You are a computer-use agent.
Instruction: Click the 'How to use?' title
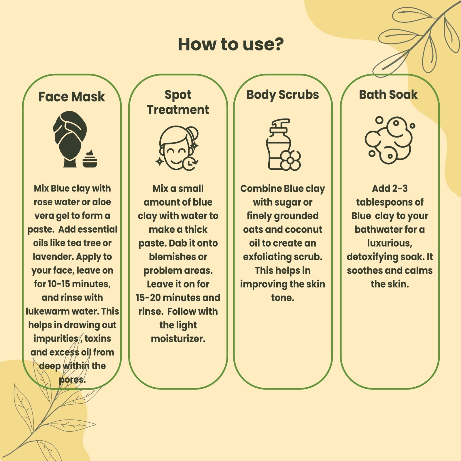pyautogui.click(x=231, y=44)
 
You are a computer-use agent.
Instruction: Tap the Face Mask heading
pyautogui.click(x=72, y=97)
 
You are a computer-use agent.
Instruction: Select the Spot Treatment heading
pyautogui.click(x=178, y=102)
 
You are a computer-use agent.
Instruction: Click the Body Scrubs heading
pyautogui.click(x=283, y=95)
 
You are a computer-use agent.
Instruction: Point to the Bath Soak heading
pyautogui.click(x=388, y=95)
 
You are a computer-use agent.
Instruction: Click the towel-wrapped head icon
pyautogui.click(x=70, y=139)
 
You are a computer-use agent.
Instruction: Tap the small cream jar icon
pyautogui.click(x=90, y=159)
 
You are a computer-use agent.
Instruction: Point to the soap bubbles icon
pyautogui.click(x=390, y=140)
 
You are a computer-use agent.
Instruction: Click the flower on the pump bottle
pyautogui.click(x=290, y=160)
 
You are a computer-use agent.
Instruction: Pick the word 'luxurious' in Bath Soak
pyautogui.click(x=389, y=243)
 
